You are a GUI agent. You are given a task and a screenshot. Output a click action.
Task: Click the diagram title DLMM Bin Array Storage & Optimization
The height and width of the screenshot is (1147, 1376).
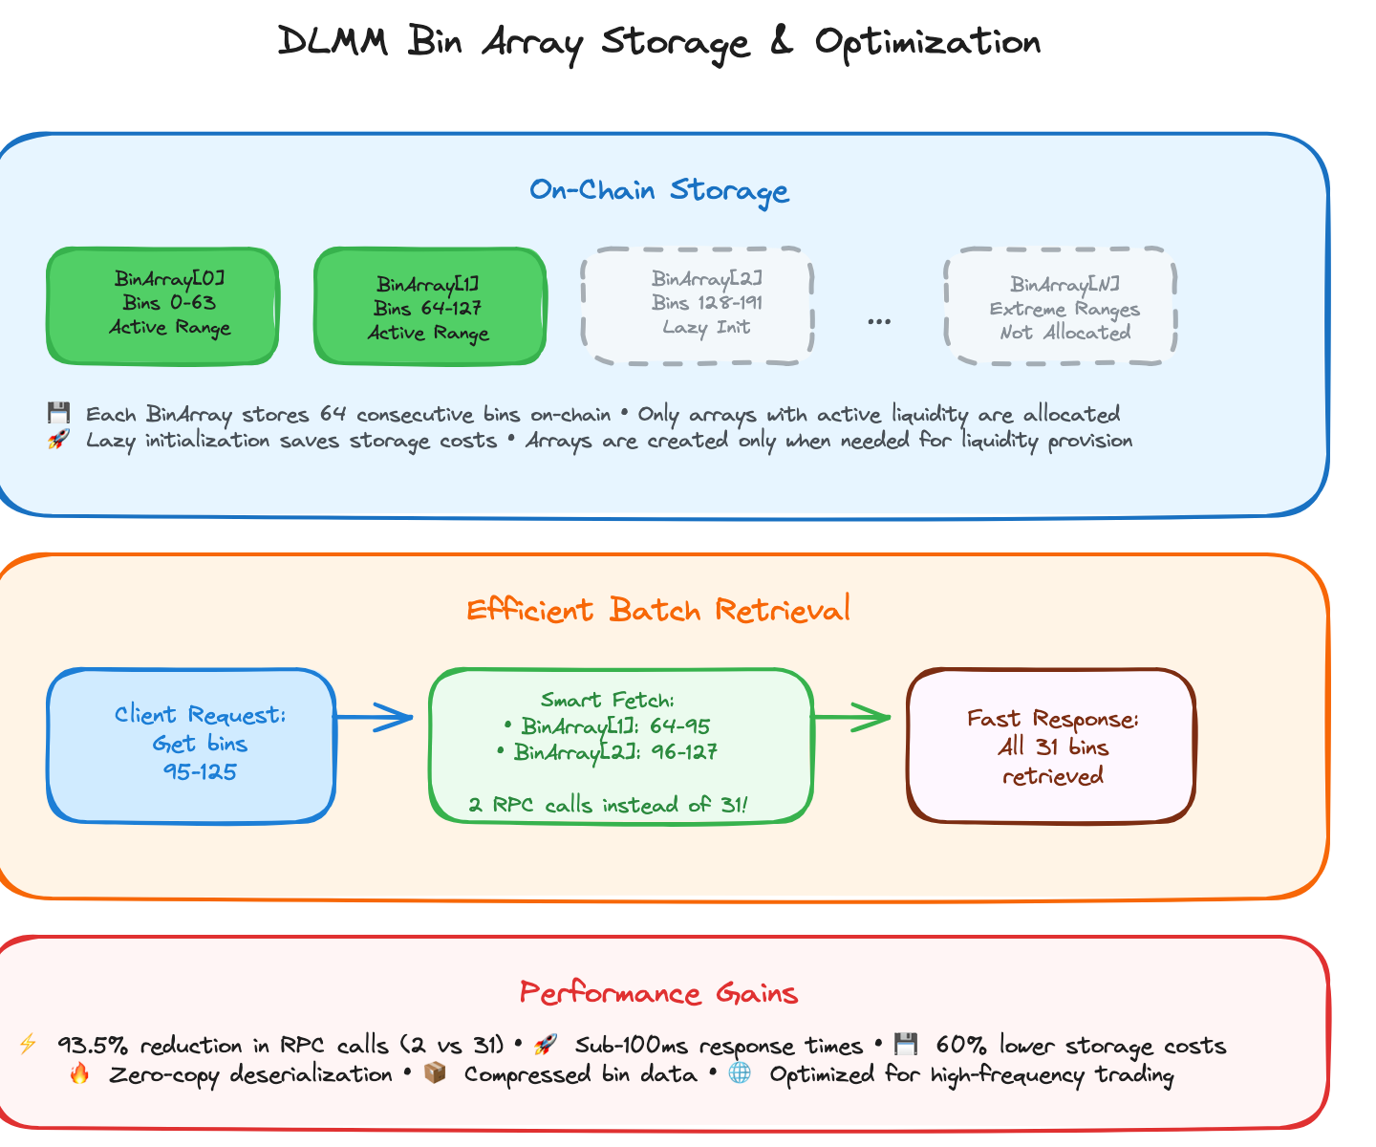coord(659,43)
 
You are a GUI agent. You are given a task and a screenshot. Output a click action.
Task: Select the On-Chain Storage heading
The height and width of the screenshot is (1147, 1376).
coord(659,190)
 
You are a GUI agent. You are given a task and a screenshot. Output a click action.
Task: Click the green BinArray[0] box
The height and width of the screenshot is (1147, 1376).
coord(162,306)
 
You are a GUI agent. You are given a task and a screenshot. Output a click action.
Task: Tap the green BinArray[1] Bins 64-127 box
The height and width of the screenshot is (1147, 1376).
coord(430,307)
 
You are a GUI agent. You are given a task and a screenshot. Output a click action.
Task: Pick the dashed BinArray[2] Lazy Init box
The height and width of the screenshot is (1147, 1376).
coord(698,306)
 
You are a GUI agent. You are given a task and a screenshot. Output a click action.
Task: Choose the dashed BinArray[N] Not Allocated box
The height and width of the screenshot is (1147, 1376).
coord(1060,307)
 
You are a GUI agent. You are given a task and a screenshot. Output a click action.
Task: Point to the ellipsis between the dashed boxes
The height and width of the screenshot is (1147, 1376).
coord(879,322)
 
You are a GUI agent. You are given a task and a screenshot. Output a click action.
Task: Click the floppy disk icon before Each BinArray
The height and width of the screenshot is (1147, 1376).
coord(58,414)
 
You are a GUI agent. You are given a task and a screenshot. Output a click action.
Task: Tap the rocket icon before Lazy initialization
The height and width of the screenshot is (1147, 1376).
coord(58,440)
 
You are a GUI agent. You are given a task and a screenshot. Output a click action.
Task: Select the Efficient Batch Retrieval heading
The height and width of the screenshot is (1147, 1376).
coord(658,610)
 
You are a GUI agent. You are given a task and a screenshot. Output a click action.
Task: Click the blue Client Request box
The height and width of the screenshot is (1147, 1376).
coord(191,746)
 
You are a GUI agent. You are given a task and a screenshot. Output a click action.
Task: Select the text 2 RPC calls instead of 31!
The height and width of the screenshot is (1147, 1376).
coord(608,805)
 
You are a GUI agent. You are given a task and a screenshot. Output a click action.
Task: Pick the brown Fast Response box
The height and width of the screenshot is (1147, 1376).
coord(1051,746)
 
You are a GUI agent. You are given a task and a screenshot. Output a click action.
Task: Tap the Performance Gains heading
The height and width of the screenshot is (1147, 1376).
coord(659,993)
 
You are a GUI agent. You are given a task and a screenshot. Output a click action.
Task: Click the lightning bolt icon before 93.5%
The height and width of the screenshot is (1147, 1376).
coord(28,1044)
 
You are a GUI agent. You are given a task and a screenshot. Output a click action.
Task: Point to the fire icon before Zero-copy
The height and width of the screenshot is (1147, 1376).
coord(79,1073)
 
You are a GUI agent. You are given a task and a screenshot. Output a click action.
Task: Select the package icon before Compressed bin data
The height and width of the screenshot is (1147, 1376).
coord(435,1073)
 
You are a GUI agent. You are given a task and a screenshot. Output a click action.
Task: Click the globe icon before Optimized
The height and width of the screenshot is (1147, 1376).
coord(740,1073)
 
